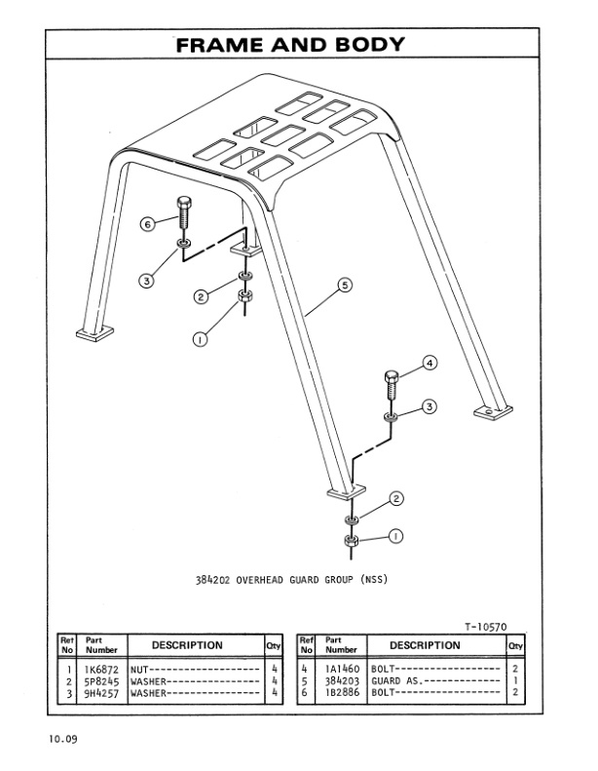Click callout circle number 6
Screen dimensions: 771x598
coord(148,223)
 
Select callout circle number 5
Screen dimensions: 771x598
coord(343,286)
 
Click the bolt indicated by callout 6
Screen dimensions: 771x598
coord(183,215)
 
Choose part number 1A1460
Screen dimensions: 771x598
coord(342,670)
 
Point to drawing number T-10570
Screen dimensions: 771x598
coord(484,627)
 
